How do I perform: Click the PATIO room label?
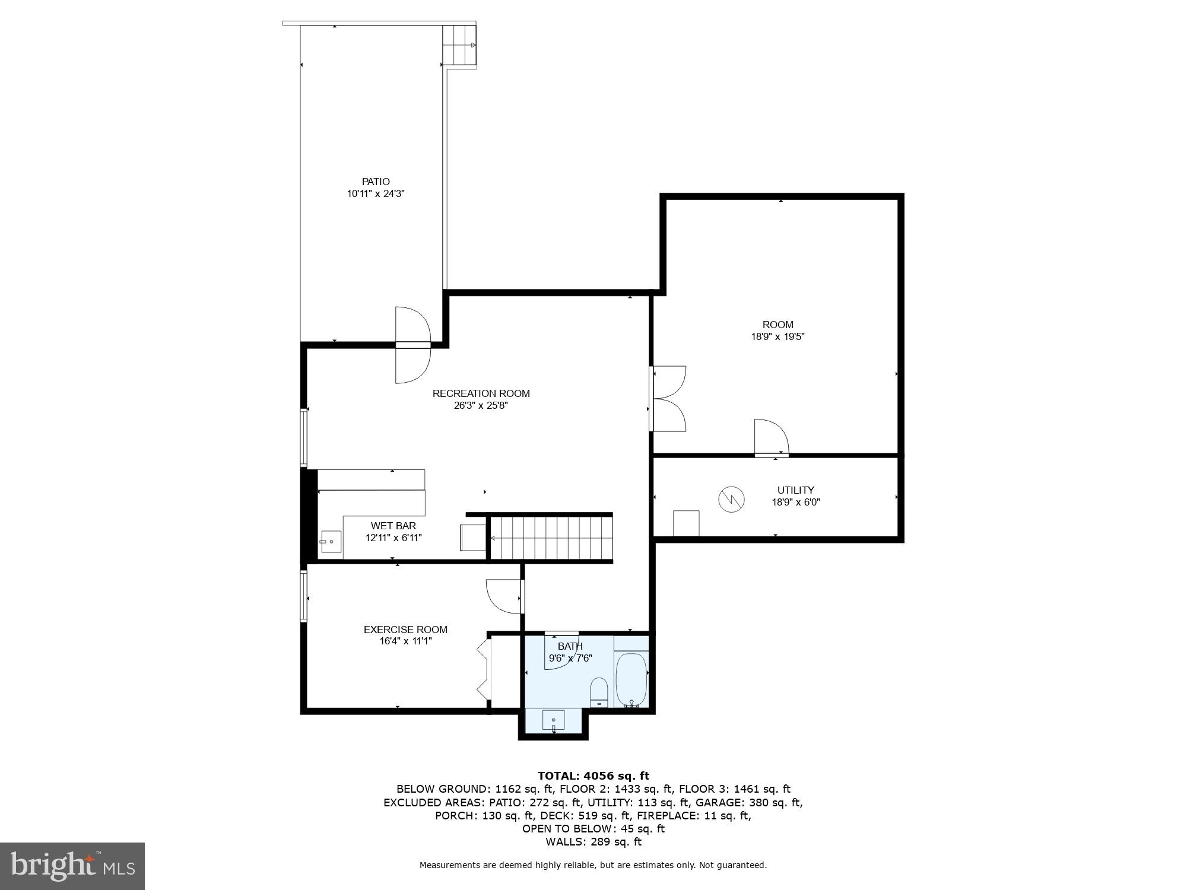click(376, 182)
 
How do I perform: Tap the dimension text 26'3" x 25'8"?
click(481, 406)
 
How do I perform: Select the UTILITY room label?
click(795, 490)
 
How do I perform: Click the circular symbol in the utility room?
click(731, 499)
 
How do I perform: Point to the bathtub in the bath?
click(631, 679)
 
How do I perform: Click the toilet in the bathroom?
click(599, 692)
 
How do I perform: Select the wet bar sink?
click(331, 542)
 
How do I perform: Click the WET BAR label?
click(393, 526)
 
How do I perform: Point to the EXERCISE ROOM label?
click(405, 630)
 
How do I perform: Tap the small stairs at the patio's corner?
click(459, 46)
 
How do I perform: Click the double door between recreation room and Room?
click(669, 398)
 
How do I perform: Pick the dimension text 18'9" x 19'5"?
click(777, 336)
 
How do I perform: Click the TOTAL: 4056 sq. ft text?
click(593, 775)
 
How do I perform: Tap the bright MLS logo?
click(72, 866)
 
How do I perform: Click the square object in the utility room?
click(685, 523)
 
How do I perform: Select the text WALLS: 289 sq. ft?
click(593, 841)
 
